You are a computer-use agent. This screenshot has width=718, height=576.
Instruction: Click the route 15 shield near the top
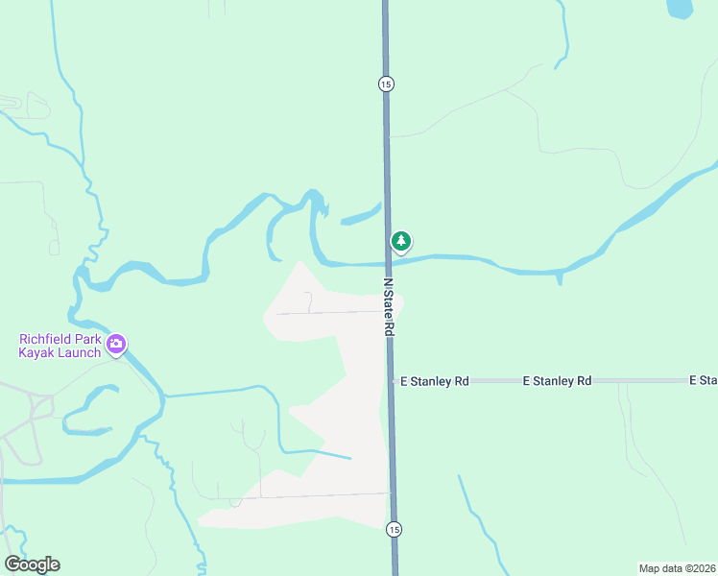pyautogui.click(x=385, y=84)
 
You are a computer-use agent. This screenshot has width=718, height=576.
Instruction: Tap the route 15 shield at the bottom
pyautogui.click(x=394, y=529)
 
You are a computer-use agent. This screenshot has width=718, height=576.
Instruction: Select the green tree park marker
pyautogui.click(x=401, y=241)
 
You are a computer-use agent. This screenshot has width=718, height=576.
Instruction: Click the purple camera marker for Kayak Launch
pyautogui.click(x=116, y=343)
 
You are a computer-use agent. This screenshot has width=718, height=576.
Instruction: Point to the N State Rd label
pyautogui.click(x=389, y=308)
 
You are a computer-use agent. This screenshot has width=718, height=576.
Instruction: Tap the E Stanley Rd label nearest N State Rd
pyautogui.click(x=434, y=381)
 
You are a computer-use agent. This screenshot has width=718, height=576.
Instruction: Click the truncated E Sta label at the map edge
pyautogui.click(x=703, y=381)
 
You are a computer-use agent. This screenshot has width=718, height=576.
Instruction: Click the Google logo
pyautogui.click(x=32, y=564)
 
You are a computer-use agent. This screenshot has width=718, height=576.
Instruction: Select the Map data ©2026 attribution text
pyautogui.click(x=677, y=567)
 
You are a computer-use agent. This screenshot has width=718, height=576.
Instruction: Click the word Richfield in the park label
pyautogui.click(x=45, y=339)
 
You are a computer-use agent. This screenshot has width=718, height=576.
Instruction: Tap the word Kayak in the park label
pyautogui.click(x=34, y=352)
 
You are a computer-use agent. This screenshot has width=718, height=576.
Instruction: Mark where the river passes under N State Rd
pyautogui.click(x=388, y=261)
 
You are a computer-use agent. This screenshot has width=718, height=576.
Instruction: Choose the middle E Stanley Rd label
pyautogui.click(x=557, y=381)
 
